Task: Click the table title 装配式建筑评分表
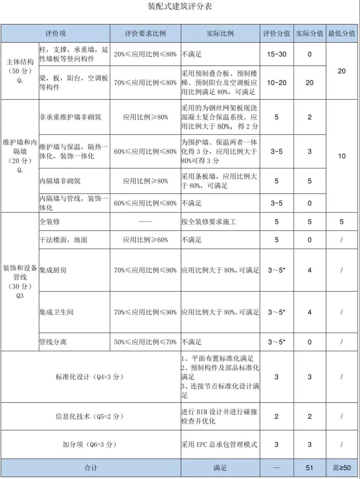click(x=180, y=6)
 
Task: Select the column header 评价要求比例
click(x=145, y=33)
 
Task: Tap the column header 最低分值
click(x=341, y=33)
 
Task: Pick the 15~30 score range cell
click(x=276, y=54)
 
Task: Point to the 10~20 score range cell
click(x=276, y=83)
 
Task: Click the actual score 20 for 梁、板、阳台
click(x=309, y=83)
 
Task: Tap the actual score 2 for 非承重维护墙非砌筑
click(x=309, y=117)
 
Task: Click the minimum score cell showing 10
click(x=341, y=156)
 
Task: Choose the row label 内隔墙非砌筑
click(x=60, y=181)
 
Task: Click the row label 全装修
click(x=50, y=222)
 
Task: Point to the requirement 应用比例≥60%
click(x=145, y=240)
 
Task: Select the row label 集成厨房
click(x=53, y=270)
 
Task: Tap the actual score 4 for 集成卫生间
click(x=309, y=312)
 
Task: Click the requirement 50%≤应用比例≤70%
click(x=145, y=342)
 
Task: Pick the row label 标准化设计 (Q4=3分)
click(x=90, y=377)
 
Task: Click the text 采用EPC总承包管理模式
click(x=219, y=444)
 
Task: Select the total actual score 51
click(x=309, y=468)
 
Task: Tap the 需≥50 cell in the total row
click(x=341, y=468)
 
